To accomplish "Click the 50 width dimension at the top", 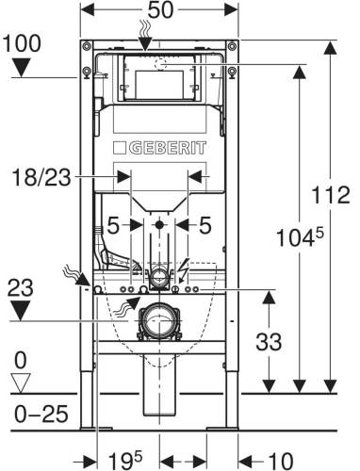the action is coord(160,9).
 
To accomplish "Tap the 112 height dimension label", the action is coord(331,195).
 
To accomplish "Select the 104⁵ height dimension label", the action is coord(300,237).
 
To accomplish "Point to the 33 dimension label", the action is coord(269,342).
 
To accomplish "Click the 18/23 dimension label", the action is coord(41,178).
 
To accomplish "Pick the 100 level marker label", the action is coord(22,43).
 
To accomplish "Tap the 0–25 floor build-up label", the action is coord(41,414).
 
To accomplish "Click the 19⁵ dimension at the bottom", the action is coord(125,460).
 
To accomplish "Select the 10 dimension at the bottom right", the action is coord(281,462).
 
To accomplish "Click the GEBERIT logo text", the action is coord(168,148).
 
